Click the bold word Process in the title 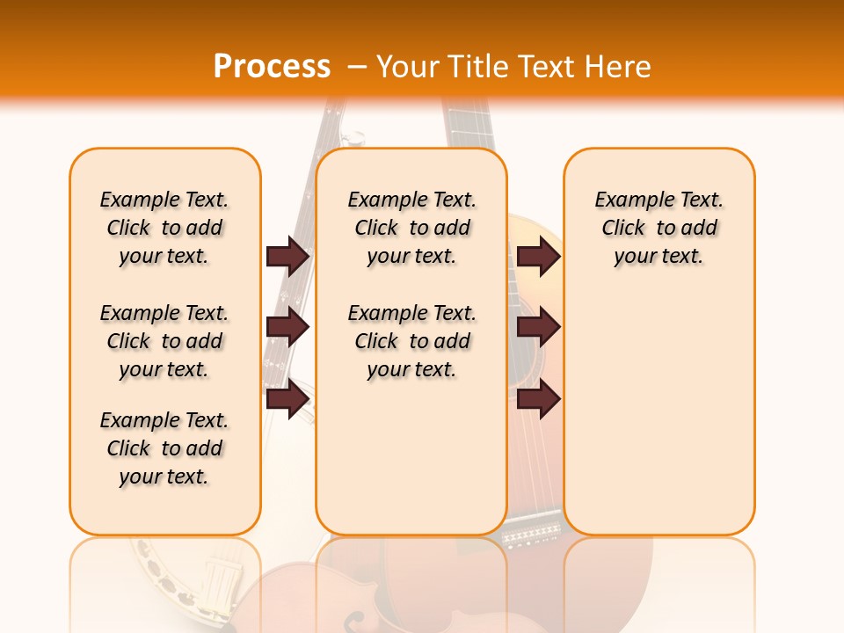point(272,67)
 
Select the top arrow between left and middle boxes point(287,257)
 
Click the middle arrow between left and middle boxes point(287,328)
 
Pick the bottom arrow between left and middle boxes point(287,399)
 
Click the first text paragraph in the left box point(164,228)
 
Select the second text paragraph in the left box point(164,341)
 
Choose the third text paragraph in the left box point(164,448)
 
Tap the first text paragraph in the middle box point(412,228)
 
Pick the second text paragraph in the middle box point(412,341)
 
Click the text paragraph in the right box point(659,228)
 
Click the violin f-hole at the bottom point(353,621)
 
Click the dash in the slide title point(358,68)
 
